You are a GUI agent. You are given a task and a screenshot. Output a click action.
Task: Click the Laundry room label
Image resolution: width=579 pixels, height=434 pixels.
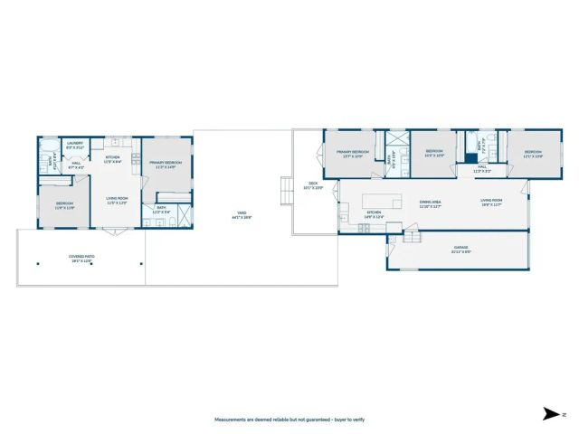[74, 144]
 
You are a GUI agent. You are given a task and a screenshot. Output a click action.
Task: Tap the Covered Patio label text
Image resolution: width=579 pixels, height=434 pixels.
[81, 258]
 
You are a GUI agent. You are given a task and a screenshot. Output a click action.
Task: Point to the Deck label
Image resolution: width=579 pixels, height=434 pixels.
[313, 185]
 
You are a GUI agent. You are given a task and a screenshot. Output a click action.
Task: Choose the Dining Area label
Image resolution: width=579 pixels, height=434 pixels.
[430, 204]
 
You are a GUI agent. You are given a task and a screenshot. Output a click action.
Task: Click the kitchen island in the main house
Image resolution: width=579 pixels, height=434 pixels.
[382, 200]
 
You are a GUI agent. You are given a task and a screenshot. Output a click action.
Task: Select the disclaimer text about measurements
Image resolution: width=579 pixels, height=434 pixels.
[289, 420]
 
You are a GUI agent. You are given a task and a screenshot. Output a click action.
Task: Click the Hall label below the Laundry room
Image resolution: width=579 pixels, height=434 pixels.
[76, 165]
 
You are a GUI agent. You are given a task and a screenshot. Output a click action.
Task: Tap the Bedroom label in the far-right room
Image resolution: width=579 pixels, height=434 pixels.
[533, 154]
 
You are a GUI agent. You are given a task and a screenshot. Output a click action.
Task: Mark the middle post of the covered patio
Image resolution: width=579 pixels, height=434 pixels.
[90, 264]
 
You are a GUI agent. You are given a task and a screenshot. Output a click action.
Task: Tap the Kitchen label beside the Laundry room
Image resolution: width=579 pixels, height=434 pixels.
[113, 159]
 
